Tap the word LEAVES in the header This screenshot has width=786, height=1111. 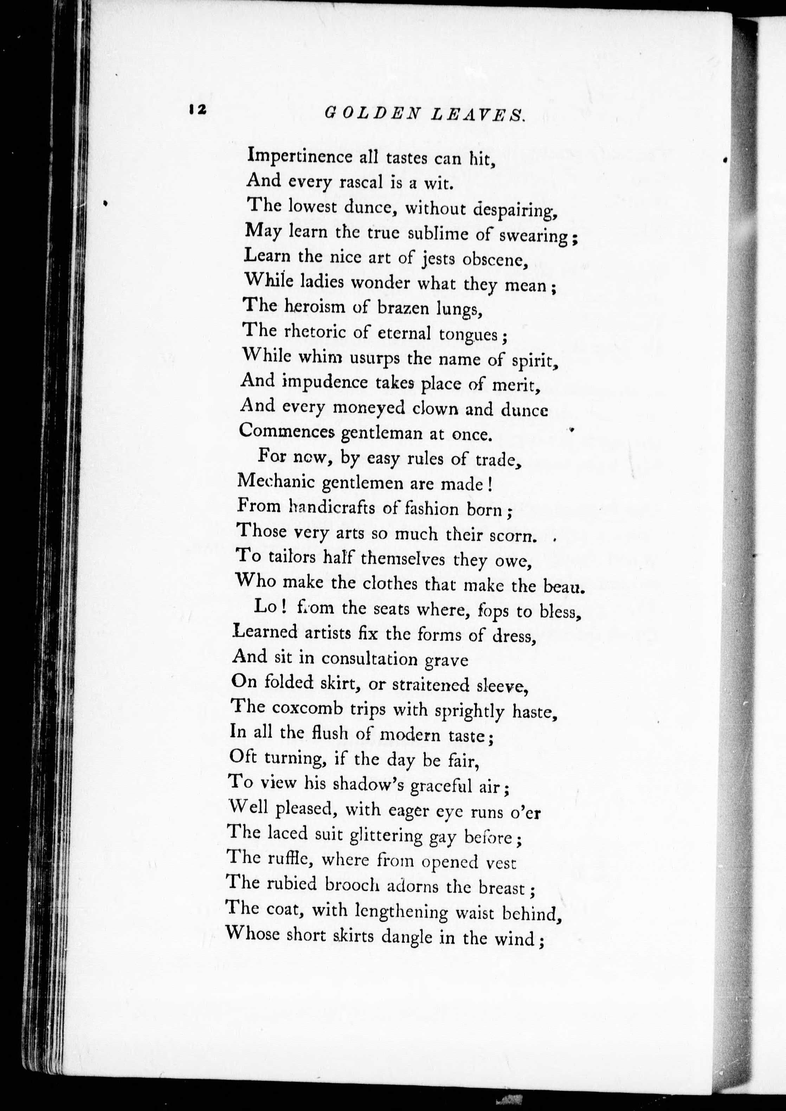click(x=478, y=115)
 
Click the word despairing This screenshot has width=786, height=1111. click(x=513, y=210)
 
